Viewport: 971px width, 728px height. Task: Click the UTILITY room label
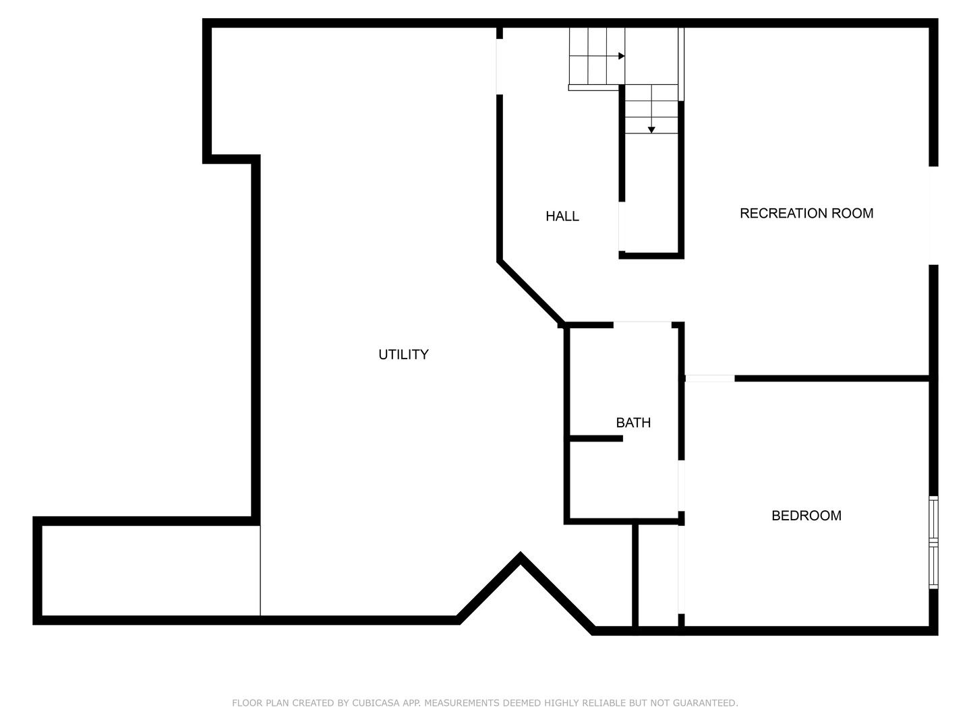click(403, 355)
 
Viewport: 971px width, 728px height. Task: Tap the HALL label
click(562, 216)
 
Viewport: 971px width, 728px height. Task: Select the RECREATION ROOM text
click(806, 214)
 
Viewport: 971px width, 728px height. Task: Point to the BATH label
click(633, 423)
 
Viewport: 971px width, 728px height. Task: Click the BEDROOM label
click(806, 516)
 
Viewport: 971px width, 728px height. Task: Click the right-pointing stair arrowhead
click(622, 56)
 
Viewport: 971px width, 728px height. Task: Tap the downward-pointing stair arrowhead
click(651, 130)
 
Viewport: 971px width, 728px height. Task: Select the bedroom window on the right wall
click(933, 543)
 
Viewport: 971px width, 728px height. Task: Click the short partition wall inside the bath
click(596, 439)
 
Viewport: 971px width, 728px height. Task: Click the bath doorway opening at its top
click(643, 324)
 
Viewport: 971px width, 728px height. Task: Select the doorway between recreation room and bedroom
click(709, 378)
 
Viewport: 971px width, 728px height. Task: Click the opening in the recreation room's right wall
click(933, 216)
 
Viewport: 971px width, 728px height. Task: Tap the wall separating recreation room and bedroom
click(831, 378)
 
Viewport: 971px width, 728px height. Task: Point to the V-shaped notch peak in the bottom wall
click(520, 553)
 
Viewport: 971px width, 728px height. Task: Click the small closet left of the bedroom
click(658, 576)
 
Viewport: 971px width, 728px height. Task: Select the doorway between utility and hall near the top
click(500, 67)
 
